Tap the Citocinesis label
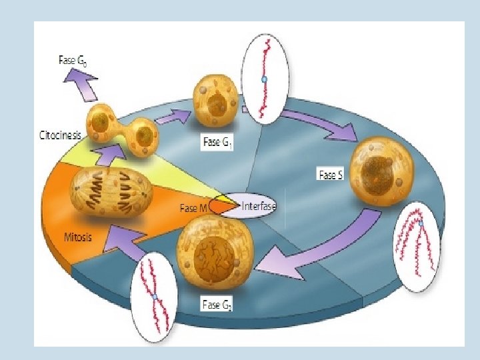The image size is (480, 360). click(x=59, y=135)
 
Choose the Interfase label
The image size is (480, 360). click(x=258, y=205)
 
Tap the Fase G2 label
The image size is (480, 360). click(x=217, y=305)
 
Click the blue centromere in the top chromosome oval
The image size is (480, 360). click(x=264, y=80)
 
